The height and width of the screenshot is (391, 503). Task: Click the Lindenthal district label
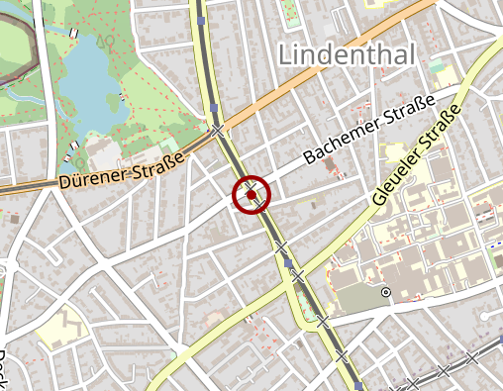tap(347, 54)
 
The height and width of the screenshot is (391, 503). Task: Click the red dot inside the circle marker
tap(253, 196)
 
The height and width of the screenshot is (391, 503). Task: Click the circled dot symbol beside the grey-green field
tap(386, 292)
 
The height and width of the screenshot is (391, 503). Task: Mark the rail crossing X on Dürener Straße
tap(217, 130)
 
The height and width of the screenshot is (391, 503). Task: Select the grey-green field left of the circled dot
tap(356, 297)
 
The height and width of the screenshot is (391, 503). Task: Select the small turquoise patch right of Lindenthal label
tap(437, 66)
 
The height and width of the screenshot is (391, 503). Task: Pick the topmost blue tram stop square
tap(201, 19)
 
